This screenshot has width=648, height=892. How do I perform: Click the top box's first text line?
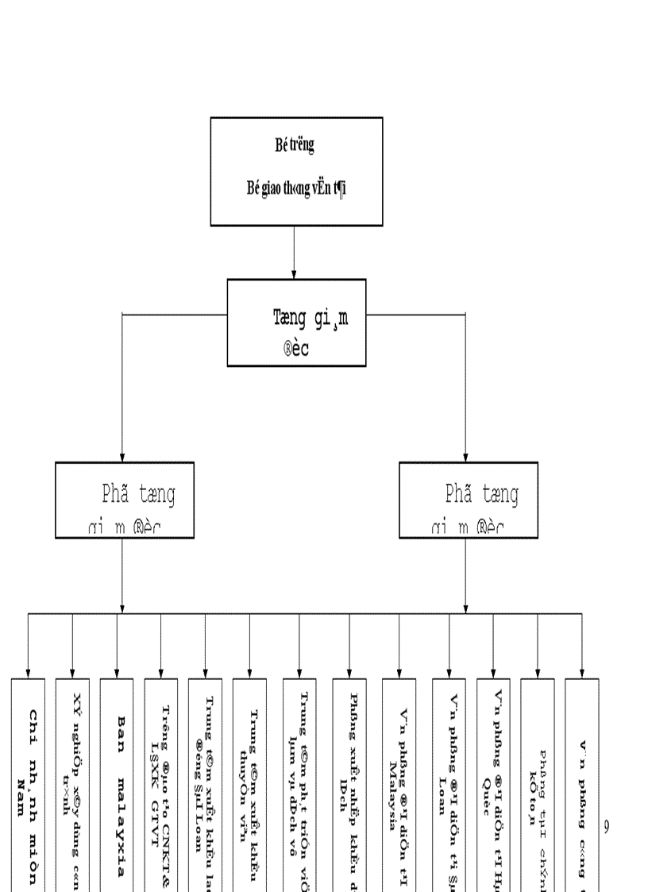tap(295, 145)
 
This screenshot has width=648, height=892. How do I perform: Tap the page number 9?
tap(606, 827)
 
